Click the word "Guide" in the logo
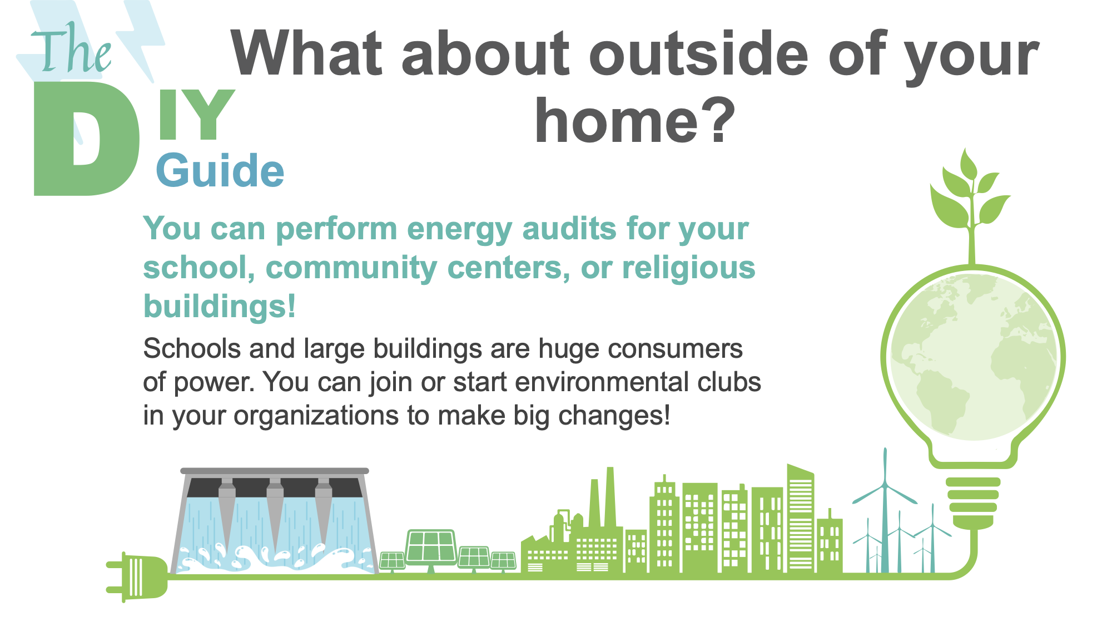220,170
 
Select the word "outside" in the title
698,53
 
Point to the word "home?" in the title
635,120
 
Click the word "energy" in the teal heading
459,229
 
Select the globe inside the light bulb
973,356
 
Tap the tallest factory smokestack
610,497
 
